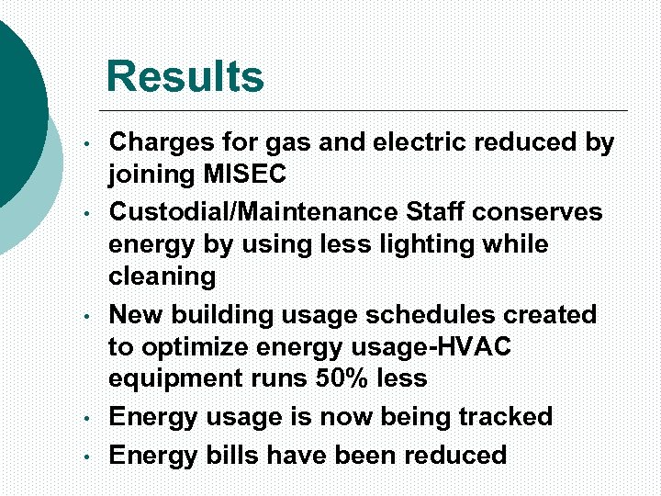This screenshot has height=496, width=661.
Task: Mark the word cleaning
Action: pos(162,276)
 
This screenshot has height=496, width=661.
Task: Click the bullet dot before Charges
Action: pos(84,146)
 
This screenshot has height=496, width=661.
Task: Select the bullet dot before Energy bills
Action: pos(84,457)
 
